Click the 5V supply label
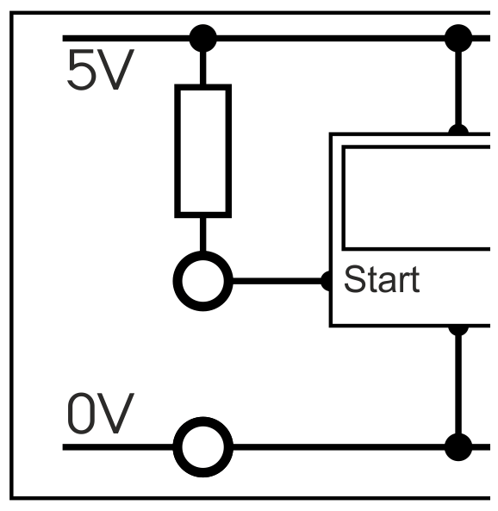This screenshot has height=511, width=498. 101,70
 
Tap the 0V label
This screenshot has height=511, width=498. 101,414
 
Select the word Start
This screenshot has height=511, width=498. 382,279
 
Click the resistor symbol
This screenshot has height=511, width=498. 203,151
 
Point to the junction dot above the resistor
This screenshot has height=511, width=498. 203,38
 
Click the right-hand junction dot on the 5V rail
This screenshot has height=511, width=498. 458,38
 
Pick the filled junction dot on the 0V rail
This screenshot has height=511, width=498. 458,447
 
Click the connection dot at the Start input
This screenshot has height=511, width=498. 326,281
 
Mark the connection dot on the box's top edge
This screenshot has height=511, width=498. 458,129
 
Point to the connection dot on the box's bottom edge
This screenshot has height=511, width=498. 458,330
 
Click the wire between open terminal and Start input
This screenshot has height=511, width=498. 277,281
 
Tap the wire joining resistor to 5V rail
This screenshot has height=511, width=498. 203,68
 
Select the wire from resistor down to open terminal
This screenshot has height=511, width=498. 203,234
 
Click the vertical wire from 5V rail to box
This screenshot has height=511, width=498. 458,88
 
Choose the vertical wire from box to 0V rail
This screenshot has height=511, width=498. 458,384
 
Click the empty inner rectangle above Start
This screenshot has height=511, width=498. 343,198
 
